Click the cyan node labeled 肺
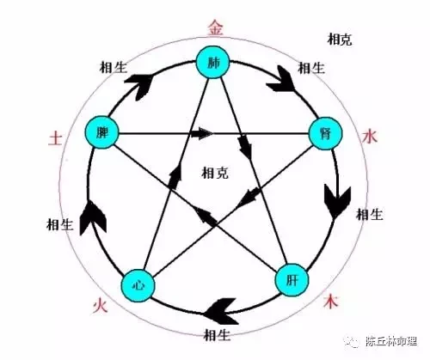pos(212,62)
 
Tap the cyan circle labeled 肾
pos(325,133)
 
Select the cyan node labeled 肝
pos(292,280)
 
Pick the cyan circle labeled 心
pos(138,285)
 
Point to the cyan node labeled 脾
pos(101,132)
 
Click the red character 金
pos(216,28)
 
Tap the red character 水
pos(370,136)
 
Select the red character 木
pos(331,302)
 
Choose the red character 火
pos(100,306)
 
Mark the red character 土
pos(55,138)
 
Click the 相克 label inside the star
pos(215,173)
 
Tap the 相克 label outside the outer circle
pos(340,40)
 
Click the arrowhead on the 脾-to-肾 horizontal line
pos(202,133)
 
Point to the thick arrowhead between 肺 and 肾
pos(281,79)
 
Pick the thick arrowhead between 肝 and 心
pos(221,311)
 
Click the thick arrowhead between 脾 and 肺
pos(139,87)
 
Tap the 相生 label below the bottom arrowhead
pos(217,335)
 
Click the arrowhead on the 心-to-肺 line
pos(175,178)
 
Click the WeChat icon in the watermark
pos(352,341)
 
